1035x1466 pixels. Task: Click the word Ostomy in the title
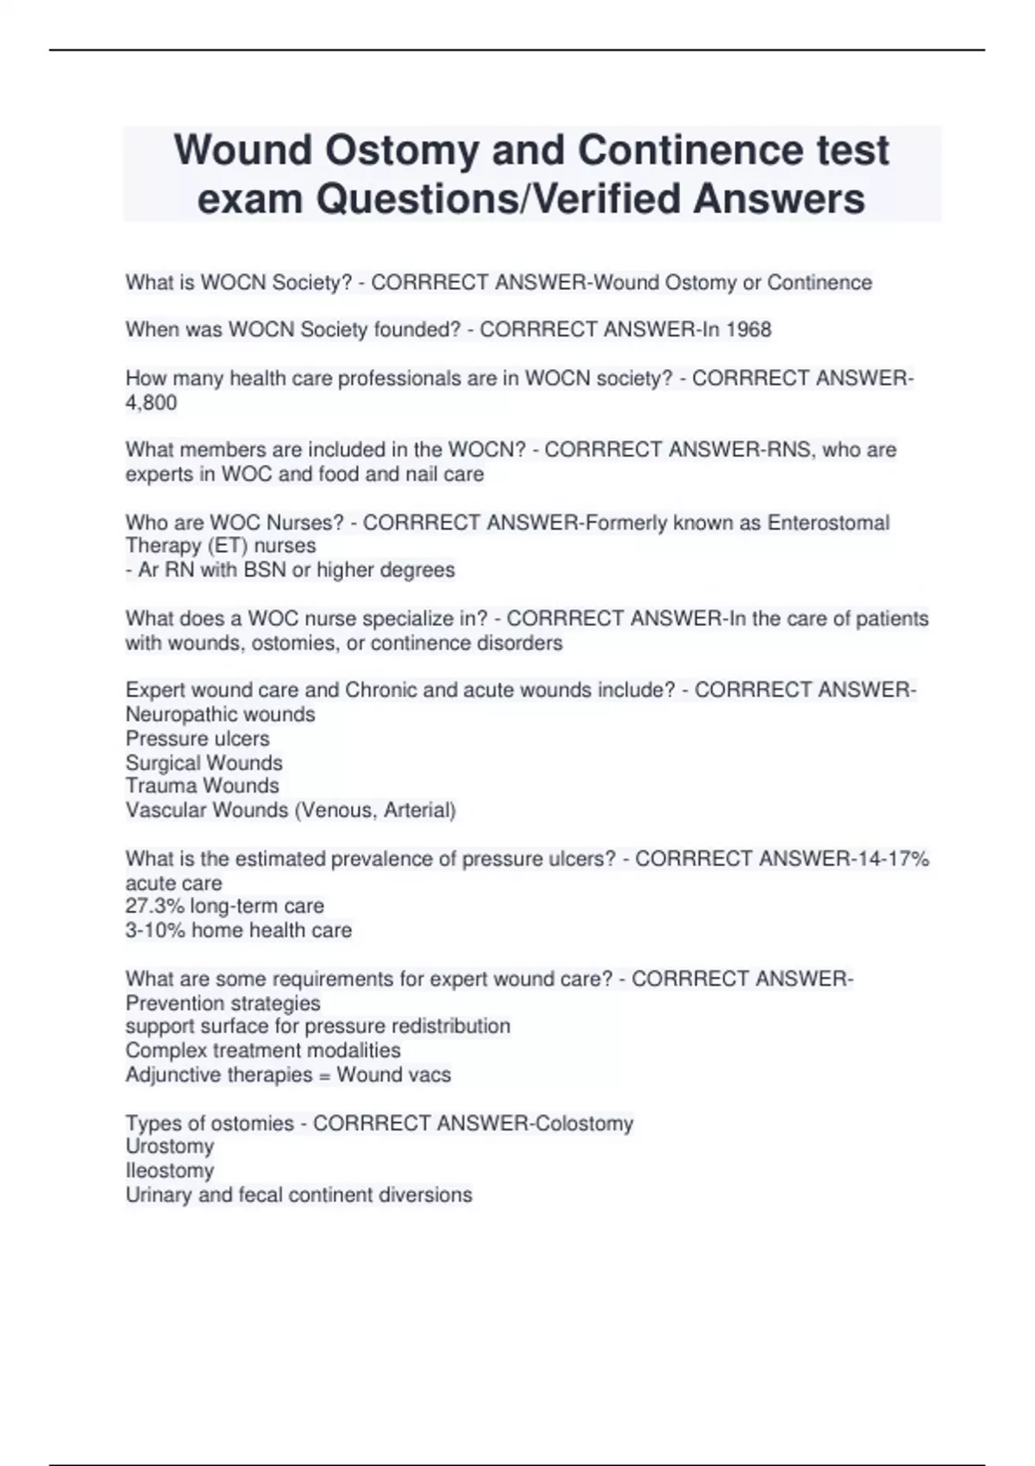point(401,150)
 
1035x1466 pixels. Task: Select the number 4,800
point(151,403)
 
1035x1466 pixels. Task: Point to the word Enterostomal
point(828,523)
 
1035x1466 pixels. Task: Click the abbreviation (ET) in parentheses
point(204,546)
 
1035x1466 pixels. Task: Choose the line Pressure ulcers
point(198,739)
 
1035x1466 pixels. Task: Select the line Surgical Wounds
point(204,763)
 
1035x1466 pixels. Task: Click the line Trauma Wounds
point(202,786)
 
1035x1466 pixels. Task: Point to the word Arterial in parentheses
point(420,810)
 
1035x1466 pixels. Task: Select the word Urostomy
point(169,1147)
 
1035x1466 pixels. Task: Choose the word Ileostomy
point(169,1171)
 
